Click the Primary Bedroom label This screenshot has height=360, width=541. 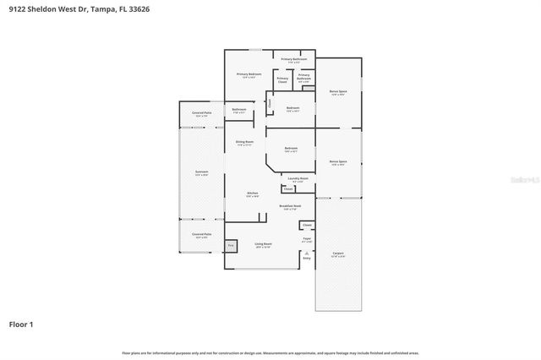tap(249, 75)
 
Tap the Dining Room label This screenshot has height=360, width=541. tap(243, 143)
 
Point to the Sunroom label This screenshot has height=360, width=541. tap(201, 173)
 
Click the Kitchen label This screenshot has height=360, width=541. tap(252, 194)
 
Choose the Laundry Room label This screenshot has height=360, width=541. tap(298, 179)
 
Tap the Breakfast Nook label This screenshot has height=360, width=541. tap(290, 207)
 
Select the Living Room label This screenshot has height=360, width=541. tap(263, 245)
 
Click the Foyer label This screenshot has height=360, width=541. tap(307, 240)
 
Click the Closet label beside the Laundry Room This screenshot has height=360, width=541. tap(287, 189)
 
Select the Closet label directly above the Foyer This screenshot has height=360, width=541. tap(308, 226)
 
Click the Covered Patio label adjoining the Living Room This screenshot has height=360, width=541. tap(201, 236)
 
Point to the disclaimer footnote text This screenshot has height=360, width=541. tap(270, 352)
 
